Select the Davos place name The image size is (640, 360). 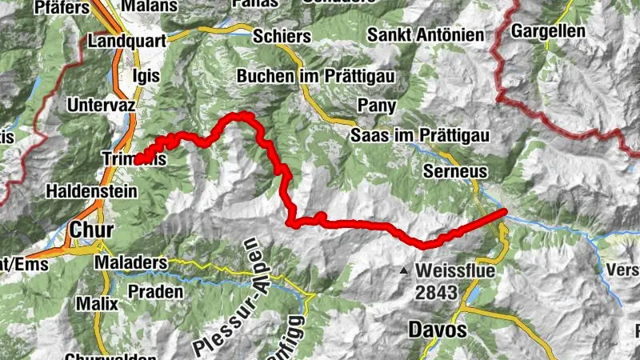point(436,328)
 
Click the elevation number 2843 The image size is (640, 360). point(437,293)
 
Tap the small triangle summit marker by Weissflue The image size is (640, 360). point(405,271)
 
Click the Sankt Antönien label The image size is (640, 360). point(426,35)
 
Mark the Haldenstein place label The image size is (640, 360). point(92,192)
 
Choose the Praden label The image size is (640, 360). point(155,291)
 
